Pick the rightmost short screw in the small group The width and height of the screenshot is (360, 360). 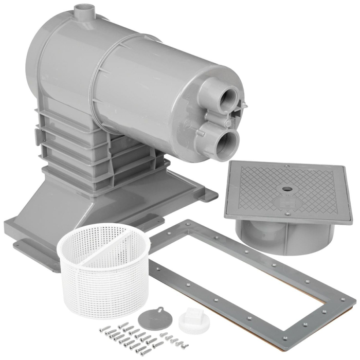click(185, 340)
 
